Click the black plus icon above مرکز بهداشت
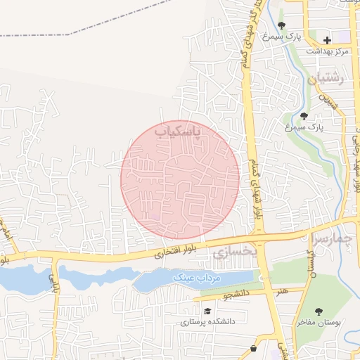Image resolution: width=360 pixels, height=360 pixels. click(327, 40)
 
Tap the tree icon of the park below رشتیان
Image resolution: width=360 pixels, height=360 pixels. click(304, 116)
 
